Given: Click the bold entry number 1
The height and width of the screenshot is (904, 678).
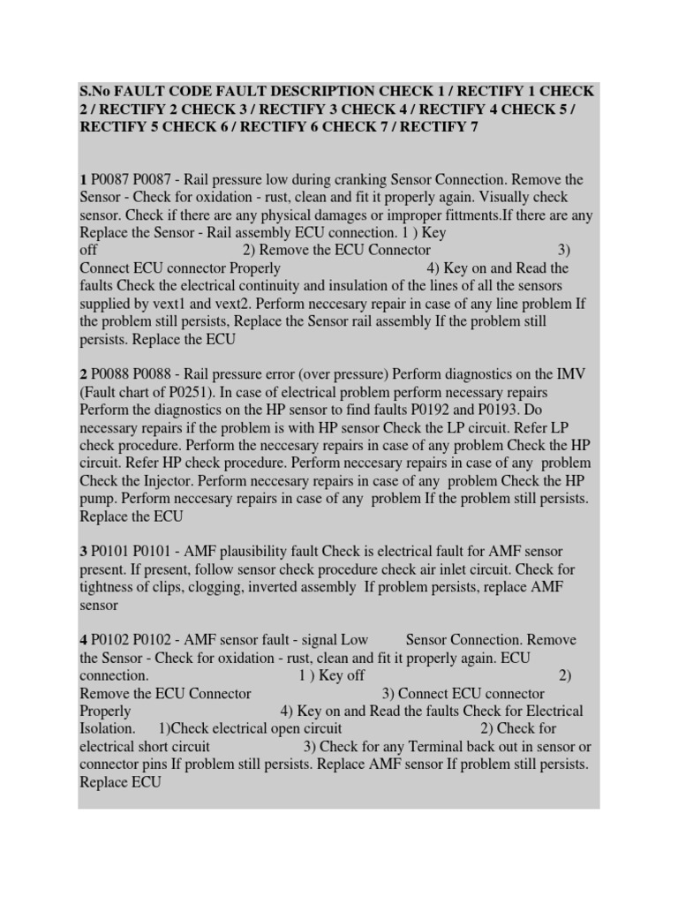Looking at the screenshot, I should click(83, 180).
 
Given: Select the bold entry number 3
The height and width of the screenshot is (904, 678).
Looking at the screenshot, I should click(83, 552).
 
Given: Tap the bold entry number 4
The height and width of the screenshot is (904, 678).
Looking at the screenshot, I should click(83, 640).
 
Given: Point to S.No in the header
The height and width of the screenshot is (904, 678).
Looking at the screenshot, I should click(97, 92).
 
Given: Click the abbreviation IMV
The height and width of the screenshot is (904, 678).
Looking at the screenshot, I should click(580, 374).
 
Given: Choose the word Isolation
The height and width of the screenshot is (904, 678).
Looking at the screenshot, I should click(108, 728).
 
